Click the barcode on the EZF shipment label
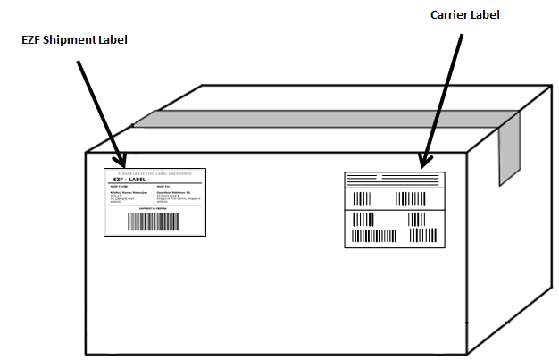[154, 222]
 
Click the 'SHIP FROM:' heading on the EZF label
[119, 186]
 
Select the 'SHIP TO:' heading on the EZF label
[165, 186]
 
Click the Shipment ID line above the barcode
[154, 208]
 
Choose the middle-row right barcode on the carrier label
[415, 198]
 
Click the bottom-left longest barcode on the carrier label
[373, 237]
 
